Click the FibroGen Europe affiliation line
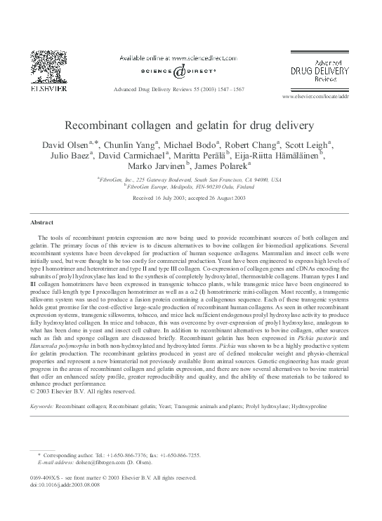click(x=192, y=187)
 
